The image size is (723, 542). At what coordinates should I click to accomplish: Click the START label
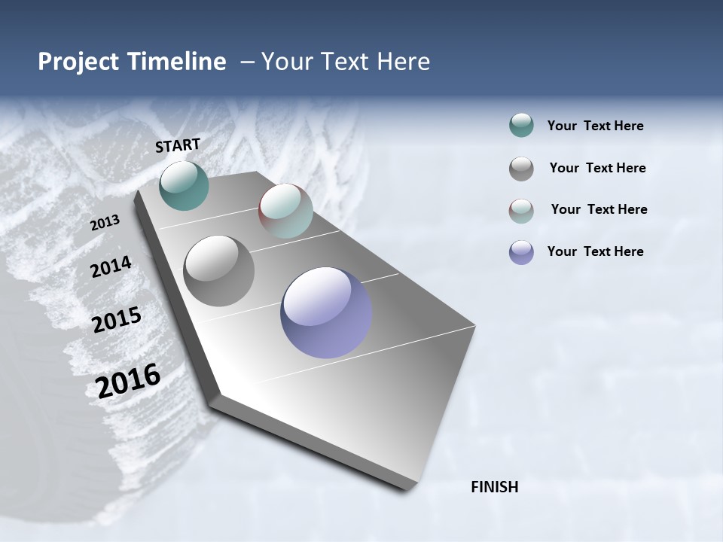point(178,145)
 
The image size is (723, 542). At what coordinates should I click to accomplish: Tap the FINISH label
point(494,487)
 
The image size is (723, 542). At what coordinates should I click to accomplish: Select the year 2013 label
point(105,223)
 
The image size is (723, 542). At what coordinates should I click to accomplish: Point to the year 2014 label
point(111,267)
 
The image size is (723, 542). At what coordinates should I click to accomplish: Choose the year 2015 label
point(117,320)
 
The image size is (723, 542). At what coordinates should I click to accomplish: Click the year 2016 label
point(128,381)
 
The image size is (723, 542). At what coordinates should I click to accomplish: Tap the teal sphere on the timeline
point(184,185)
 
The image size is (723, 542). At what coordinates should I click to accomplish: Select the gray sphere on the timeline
point(218,271)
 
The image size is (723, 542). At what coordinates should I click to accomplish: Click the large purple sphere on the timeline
point(326,312)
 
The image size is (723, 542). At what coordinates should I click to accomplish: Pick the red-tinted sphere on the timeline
point(285,211)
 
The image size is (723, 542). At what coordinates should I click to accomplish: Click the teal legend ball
point(521,125)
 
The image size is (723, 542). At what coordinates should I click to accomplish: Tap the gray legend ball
point(521,169)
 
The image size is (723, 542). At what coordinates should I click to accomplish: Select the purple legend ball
point(521,252)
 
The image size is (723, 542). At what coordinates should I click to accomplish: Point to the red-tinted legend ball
point(521,211)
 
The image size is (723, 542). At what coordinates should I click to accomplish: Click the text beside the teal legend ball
point(595,126)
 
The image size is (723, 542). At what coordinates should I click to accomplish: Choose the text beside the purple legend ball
point(595,251)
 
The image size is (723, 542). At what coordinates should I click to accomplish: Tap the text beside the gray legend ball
point(597,168)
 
